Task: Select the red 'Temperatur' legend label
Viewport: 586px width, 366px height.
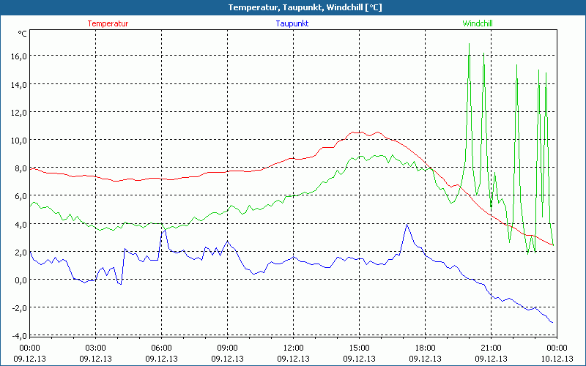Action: [108, 23]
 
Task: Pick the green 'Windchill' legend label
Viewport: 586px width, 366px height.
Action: [478, 23]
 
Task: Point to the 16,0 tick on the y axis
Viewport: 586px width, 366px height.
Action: [18, 56]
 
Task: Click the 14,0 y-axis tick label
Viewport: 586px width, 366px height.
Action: [18, 84]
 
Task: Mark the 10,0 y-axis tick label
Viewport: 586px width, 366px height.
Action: [18, 140]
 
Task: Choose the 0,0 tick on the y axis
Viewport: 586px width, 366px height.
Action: [19, 280]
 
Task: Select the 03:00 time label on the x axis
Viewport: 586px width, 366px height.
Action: [96, 348]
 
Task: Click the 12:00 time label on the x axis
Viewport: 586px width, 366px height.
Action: [293, 348]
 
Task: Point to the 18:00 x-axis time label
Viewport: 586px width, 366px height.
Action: [425, 348]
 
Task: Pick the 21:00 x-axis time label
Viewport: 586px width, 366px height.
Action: [491, 348]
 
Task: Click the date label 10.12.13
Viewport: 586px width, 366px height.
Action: [557, 359]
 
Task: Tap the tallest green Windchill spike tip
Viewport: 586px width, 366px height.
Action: [469, 44]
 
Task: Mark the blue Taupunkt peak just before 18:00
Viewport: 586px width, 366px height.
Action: [407, 224]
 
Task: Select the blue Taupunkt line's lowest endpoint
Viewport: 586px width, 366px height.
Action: [552, 322]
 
